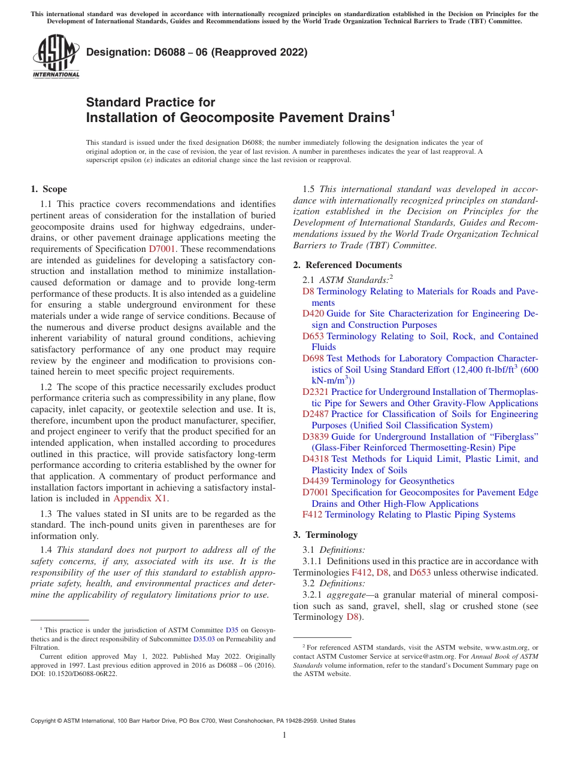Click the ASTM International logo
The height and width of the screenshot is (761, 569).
[56, 57]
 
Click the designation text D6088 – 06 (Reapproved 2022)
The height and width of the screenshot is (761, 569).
[196, 52]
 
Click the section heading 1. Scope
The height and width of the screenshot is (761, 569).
[49, 189]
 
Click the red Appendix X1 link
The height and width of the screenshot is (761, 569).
[140, 498]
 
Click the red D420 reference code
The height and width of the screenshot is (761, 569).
[313, 313]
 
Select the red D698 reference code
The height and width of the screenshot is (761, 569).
[313, 358]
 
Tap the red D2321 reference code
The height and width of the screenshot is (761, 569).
[315, 392]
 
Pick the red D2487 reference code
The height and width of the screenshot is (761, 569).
[315, 414]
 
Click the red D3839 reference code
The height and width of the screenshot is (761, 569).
[315, 437]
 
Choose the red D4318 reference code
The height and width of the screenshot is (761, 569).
[315, 459]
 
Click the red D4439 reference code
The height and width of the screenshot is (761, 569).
[315, 481]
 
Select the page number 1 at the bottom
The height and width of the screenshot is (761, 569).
[284, 735]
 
